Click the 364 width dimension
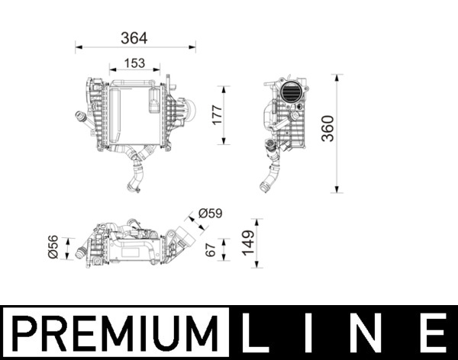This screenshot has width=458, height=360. [x=134, y=36]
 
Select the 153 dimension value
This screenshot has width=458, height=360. [x=134, y=64]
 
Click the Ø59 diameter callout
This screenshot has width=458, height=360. [x=210, y=213]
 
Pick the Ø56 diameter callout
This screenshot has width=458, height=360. [x=53, y=249]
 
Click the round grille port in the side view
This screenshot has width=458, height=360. [x=292, y=93]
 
